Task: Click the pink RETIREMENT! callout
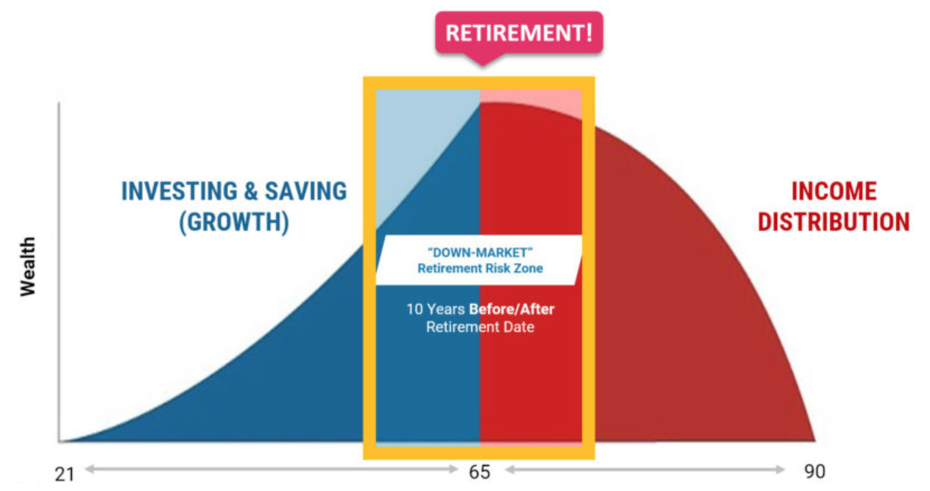519,33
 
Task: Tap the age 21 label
64,473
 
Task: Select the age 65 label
479,472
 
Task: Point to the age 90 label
814,472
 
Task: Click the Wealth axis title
27,267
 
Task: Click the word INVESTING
179,191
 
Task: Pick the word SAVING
305,191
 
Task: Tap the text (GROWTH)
234,222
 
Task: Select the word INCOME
834,191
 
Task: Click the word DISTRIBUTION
834,222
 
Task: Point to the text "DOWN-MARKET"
480,252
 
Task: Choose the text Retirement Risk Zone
480,268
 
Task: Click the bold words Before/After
512,309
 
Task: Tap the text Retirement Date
480,327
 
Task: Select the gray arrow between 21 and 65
271,469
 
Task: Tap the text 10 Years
435,309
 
